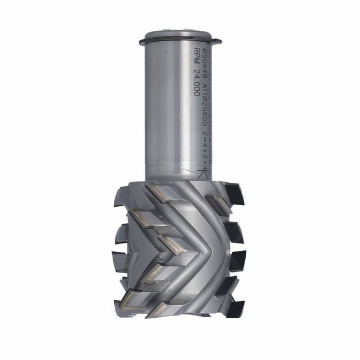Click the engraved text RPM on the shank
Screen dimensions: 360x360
[x=196, y=59]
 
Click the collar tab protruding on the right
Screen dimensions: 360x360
[x=217, y=41]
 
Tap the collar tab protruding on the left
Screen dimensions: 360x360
[x=142, y=41]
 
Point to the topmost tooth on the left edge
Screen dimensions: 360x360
[x=121, y=197]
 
